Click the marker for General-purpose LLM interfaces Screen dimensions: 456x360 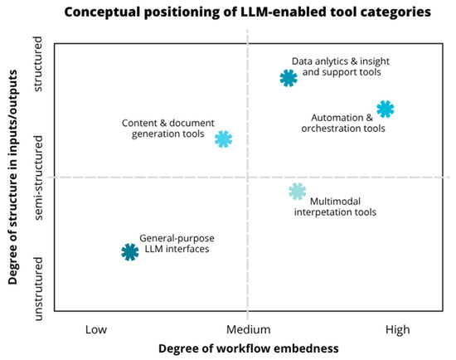pos(130,252)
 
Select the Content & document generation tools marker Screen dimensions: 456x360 pos(223,139)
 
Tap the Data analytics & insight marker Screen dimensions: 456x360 pos(289,78)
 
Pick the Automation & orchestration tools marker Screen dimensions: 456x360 pos(386,109)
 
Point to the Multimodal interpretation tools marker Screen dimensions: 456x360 pos(298,192)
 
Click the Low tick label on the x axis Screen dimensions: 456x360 pos(96,330)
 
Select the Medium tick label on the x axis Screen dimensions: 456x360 pos(249,330)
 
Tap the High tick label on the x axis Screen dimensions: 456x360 pos(397,330)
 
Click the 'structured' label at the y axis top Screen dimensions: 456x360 pos(38,64)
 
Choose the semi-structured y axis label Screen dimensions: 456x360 pos(38,178)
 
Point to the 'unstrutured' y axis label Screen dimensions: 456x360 pos(38,289)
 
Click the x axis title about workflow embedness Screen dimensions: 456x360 pos(249,348)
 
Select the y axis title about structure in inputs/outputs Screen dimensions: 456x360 pos(12,177)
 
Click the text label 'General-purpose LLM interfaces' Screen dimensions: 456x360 pos(177,244)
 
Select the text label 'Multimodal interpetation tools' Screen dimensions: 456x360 pos(335,207)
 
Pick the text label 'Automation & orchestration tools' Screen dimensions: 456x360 pos(343,123)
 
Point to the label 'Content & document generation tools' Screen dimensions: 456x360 pos(168,129)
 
